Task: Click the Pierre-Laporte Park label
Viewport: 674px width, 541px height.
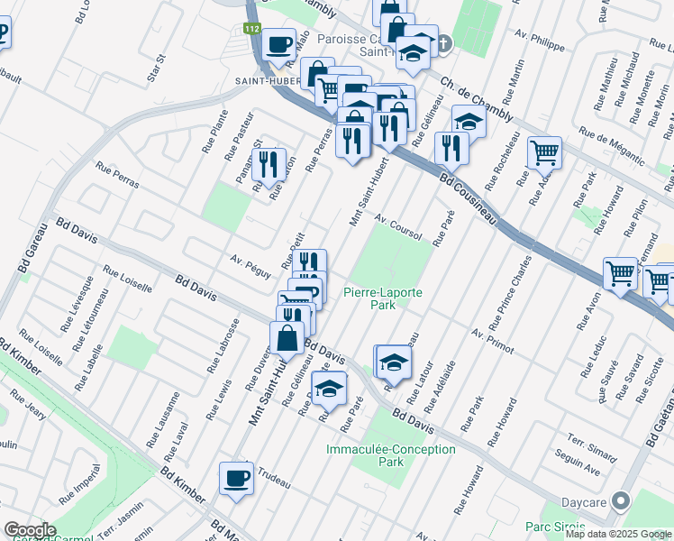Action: (x=382, y=298)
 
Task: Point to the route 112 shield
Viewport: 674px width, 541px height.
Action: (x=251, y=30)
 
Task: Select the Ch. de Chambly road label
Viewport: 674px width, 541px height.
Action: (x=476, y=96)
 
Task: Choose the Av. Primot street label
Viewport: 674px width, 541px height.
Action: (x=491, y=339)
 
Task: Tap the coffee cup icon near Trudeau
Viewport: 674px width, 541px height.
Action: (x=236, y=478)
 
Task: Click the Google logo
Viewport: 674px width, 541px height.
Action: (x=30, y=529)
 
